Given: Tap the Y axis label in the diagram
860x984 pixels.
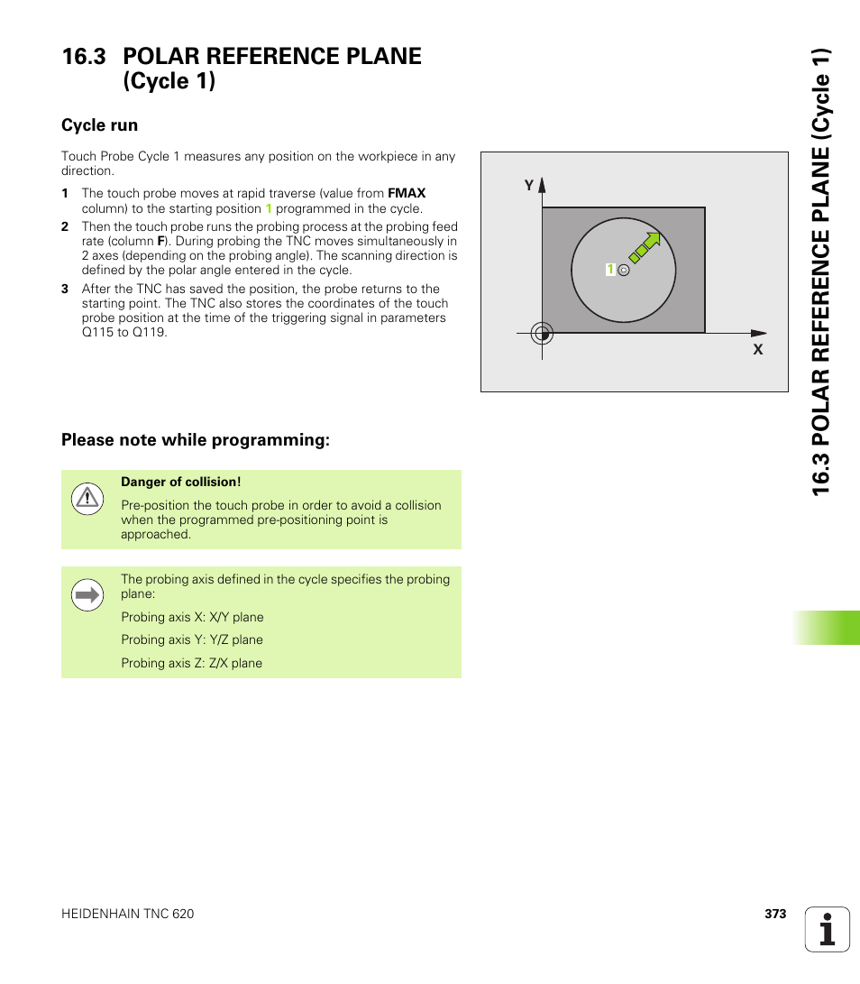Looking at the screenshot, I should point(530,185).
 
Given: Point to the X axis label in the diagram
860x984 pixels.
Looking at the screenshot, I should point(758,349).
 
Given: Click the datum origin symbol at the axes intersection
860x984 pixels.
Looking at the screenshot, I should point(542,333).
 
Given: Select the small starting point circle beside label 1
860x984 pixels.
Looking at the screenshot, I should point(624,270).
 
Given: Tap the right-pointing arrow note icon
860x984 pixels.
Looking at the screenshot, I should point(87,595).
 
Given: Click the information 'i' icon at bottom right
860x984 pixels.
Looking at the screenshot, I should point(828,929).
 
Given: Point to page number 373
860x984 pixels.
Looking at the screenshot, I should point(775,914).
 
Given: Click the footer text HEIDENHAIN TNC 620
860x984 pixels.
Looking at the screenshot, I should point(127,914).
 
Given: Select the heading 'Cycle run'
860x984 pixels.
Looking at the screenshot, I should point(99,125).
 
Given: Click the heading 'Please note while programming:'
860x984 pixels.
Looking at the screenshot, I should point(196,440).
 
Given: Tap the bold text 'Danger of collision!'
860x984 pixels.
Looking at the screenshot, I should point(181,483).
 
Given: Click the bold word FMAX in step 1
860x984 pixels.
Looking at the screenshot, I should point(407,193).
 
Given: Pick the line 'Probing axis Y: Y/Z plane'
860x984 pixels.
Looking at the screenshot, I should point(192,639).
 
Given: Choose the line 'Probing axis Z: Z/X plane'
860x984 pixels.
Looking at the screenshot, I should point(192,663).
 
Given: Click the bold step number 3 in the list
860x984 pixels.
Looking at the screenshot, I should point(65,290).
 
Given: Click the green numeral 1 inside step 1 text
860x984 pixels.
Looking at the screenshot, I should point(269,208).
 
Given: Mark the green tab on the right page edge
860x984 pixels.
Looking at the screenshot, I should point(827,628).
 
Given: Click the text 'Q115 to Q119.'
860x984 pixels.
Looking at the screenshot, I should point(124,332).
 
